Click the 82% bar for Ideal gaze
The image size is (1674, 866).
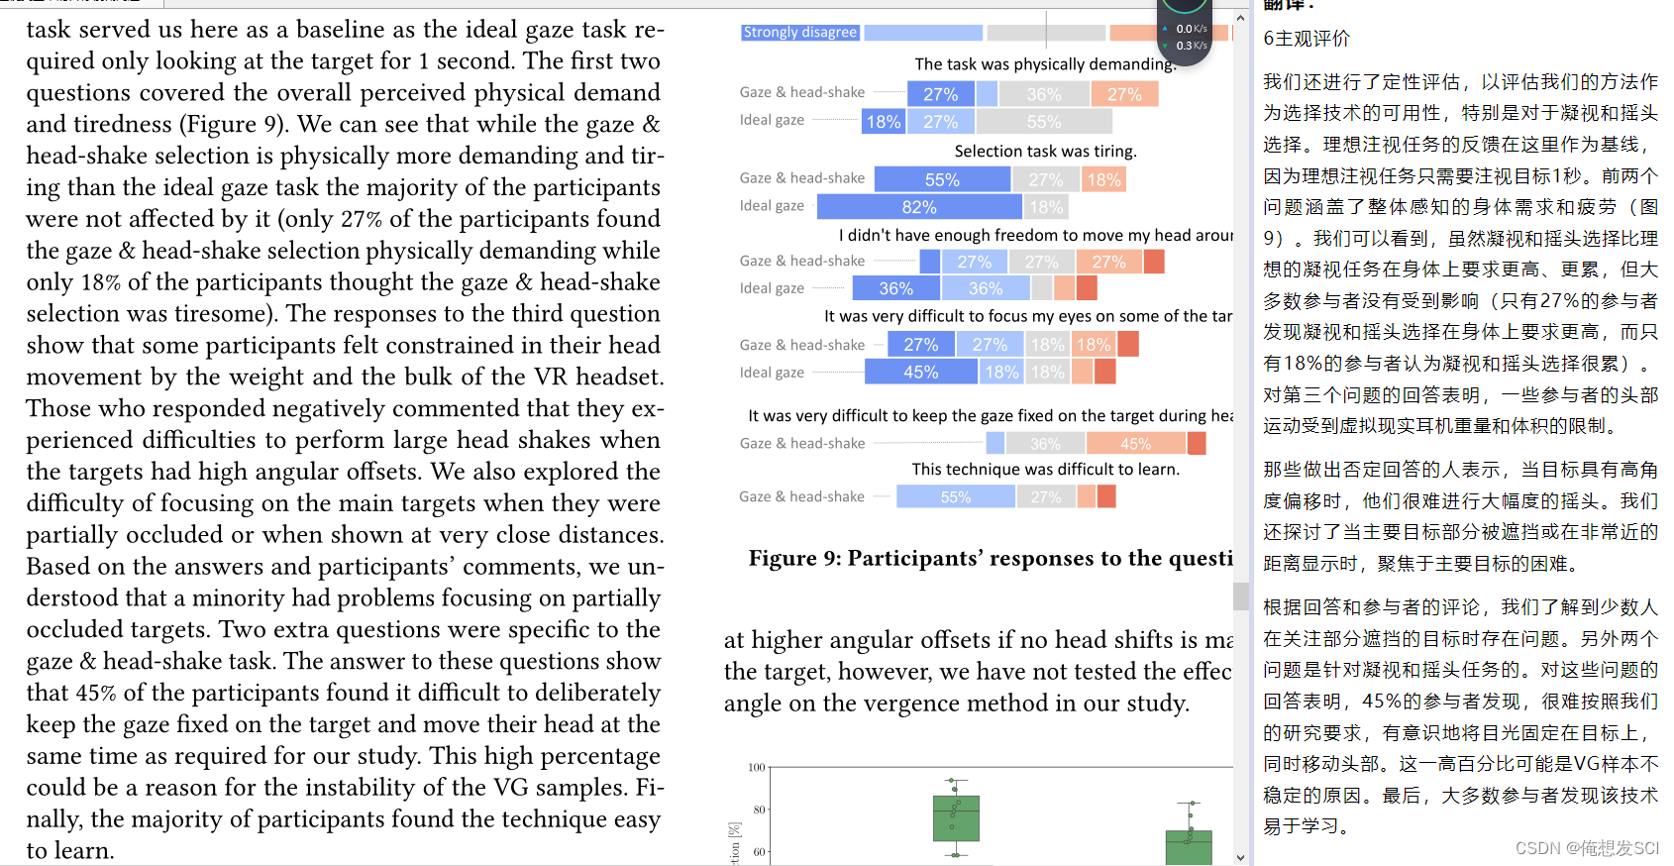(919, 206)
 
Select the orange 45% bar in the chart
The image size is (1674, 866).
(1136, 444)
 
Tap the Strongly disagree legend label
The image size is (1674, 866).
(799, 32)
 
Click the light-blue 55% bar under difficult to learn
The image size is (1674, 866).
(956, 496)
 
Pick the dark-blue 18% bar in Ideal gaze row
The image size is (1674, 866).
(883, 121)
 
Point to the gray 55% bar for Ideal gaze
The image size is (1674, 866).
(1044, 121)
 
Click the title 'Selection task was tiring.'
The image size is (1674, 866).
(1045, 151)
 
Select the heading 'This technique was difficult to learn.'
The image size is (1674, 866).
(1045, 469)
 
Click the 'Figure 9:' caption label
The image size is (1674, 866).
(794, 558)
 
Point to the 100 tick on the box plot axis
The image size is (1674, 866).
(757, 767)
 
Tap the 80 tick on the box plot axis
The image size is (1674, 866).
(760, 810)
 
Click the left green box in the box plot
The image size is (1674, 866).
(956, 818)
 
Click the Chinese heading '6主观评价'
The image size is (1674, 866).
(1307, 38)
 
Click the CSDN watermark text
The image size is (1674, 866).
(1587, 848)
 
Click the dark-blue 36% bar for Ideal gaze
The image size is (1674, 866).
(896, 288)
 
